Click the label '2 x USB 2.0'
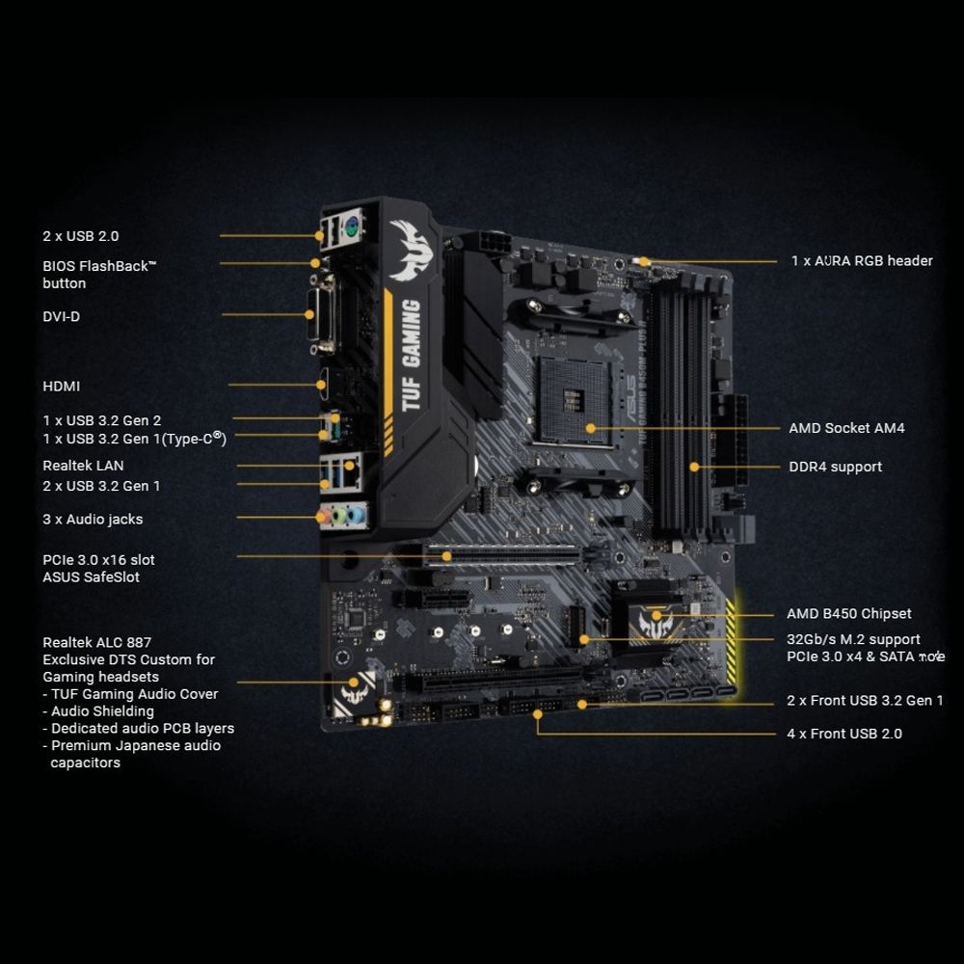[81, 236]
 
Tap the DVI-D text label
[62, 316]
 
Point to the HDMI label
[62, 387]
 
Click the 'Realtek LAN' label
[83, 467]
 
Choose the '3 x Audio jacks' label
[93, 520]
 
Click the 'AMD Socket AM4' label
[846, 428]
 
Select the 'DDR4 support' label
[835, 468]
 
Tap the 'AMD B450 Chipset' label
[848, 614]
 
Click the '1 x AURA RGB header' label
[862, 261]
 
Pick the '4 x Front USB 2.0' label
[844, 734]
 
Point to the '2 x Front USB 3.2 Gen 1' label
[865, 701]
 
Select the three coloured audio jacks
[341, 516]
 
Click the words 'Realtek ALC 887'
[96, 642]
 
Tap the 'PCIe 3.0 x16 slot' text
[98, 560]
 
